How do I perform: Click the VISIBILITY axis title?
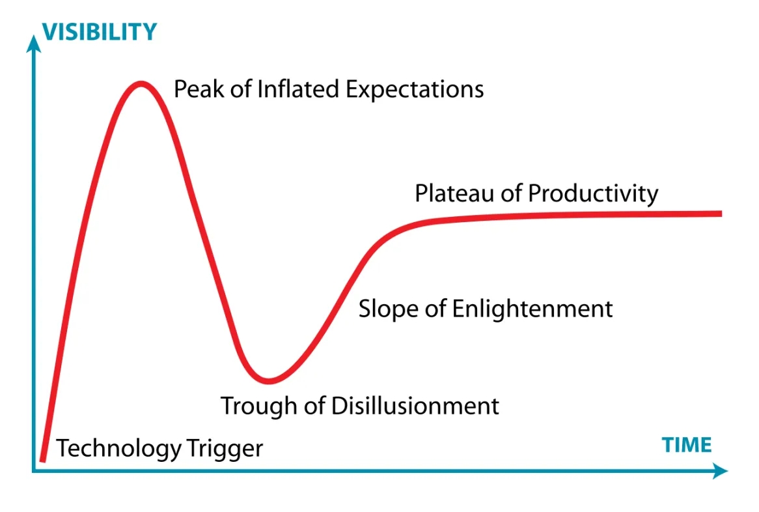99,32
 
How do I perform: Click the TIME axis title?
686,445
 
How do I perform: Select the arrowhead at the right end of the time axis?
720,470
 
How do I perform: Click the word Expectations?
415,90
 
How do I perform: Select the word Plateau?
454,193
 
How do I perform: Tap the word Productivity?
593,193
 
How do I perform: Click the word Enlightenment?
532,309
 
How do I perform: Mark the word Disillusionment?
415,405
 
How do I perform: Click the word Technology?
118,449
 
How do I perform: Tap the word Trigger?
225,449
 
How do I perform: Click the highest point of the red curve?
141,84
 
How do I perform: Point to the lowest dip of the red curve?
269,380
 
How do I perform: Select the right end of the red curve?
721,214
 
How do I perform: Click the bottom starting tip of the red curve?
42,460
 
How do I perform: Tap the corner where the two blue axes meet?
33,471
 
